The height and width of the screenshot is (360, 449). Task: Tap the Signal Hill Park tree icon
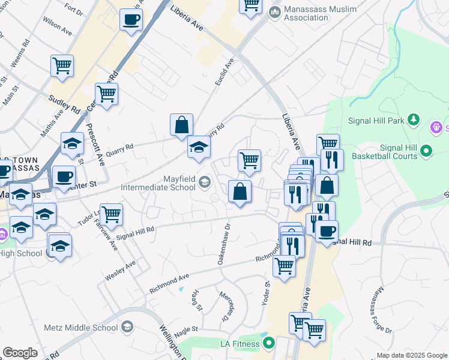point(413,119)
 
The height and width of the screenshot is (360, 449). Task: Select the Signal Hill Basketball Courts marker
point(426,150)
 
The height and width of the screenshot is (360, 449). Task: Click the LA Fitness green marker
point(268,343)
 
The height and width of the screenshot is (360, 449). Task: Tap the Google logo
point(20,353)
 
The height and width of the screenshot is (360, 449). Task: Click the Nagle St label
point(186,329)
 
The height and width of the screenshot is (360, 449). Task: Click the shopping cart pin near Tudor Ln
point(111,214)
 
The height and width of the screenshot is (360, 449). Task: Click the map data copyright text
point(411,355)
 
